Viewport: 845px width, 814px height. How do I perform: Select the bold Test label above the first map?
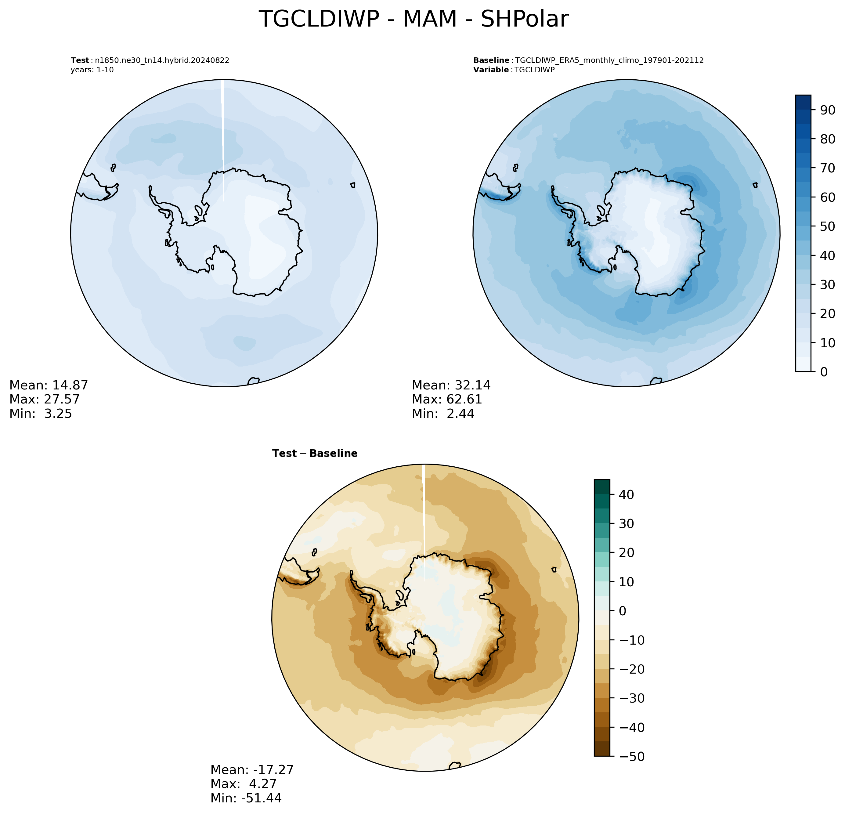(x=80, y=60)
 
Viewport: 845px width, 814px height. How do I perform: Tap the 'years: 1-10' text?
(x=92, y=70)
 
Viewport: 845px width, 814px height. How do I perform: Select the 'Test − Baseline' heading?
(x=315, y=454)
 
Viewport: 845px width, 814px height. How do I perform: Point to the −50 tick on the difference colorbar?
(x=632, y=756)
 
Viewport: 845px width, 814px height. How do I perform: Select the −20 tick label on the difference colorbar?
(x=632, y=669)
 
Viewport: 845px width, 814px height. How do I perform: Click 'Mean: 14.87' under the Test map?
(x=49, y=385)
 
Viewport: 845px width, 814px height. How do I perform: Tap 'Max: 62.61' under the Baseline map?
(x=447, y=399)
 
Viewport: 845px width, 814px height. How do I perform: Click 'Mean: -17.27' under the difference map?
(x=252, y=770)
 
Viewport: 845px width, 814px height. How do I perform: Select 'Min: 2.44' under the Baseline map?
(x=443, y=414)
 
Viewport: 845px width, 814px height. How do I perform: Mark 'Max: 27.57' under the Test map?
(x=45, y=399)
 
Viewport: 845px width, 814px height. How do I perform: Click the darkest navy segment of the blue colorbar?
(x=803, y=102)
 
